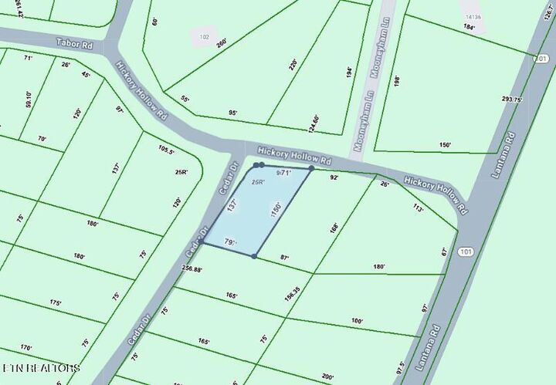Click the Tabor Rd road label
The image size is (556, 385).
[75, 45]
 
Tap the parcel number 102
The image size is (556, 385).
[204, 35]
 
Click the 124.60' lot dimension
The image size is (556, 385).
[314, 123]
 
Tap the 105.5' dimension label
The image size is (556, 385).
[166, 150]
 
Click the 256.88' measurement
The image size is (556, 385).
[197, 269]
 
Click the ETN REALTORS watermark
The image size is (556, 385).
[41, 368]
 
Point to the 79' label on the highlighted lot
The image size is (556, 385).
[229, 243]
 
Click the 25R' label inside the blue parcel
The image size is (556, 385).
[258, 182]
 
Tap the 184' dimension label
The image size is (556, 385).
[470, 28]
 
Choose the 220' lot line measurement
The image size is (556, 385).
[293, 66]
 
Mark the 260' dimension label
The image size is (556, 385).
[222, 43]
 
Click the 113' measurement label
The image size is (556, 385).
[419, 208]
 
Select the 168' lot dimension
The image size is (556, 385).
[334, 228]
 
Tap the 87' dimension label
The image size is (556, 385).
[284, 258]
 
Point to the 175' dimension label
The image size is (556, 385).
[55, 303]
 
